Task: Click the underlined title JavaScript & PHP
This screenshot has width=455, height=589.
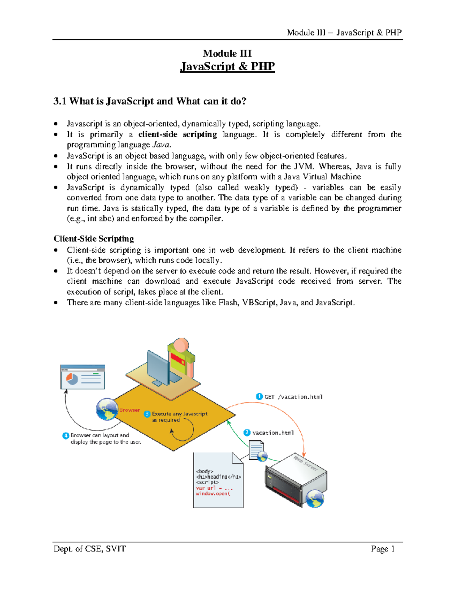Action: click(x=227, y=66)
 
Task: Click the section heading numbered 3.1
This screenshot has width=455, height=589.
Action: click(x=150, y=101)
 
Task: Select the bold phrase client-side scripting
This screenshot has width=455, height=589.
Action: click(x=177, y=135)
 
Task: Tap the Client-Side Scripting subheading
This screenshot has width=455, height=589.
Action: click(x=94, y=239)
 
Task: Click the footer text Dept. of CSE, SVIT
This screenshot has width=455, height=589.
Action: click(x=89, y=549)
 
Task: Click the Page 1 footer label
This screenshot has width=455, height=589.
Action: click(x=383, y=549)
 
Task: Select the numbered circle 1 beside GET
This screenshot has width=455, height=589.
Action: click(x=259, y=396)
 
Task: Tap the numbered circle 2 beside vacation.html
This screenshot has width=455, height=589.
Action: click(x=247, y=432)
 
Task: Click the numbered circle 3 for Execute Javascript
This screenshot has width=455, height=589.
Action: click(x=147, y=414)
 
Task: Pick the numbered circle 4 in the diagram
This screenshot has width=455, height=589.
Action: click(x=66, y=435)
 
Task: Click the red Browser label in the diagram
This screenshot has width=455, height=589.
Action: click(x=129, y=410)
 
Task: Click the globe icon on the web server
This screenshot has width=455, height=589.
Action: click(x=315, y=498)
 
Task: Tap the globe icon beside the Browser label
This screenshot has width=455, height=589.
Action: click(x=107, y=409)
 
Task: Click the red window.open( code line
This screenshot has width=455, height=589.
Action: click(x=213, y=494)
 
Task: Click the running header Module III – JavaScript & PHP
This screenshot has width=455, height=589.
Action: click(x=344, y=33)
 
